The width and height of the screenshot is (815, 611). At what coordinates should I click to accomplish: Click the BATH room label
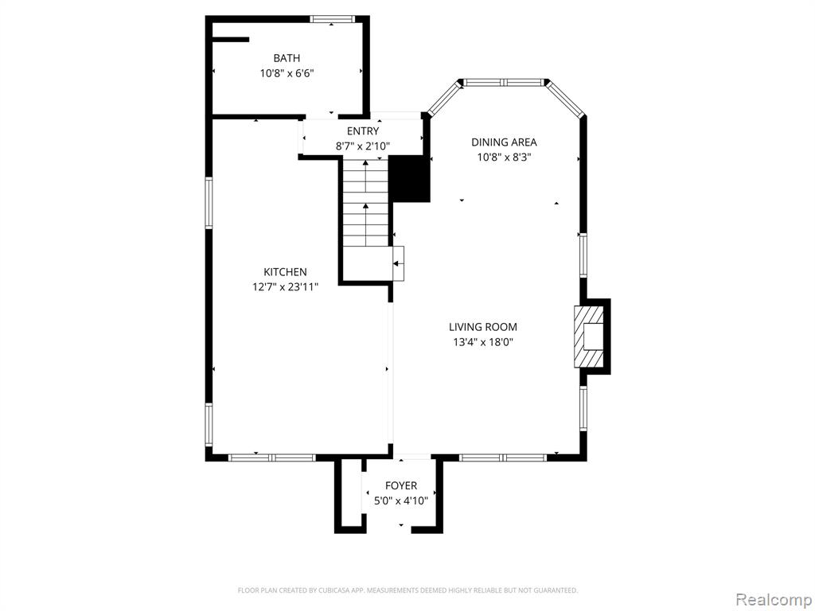[287, 57]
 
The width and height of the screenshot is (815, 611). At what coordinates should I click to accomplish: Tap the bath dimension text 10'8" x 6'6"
[287, 73]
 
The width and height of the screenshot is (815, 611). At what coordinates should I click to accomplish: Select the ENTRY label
[363, 131]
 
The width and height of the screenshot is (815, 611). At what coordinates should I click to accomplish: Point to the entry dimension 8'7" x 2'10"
[363, 146]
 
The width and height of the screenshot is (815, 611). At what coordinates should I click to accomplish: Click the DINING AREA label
[504, 142]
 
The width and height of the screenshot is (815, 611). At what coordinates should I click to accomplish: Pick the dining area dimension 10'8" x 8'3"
[504, 157]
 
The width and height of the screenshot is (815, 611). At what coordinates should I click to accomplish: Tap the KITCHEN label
[285, 272]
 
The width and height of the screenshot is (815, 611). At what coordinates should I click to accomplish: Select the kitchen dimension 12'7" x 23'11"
[285, 286]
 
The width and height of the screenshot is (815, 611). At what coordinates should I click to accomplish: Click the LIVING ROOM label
[483, 327]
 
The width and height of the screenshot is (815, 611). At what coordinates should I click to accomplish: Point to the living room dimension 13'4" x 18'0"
[483, 342]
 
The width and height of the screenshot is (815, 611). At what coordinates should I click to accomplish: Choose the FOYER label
[401, 485]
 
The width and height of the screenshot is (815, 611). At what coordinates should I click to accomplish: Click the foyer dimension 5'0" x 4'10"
[401, 501]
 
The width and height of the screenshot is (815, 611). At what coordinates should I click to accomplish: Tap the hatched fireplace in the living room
[589, 337]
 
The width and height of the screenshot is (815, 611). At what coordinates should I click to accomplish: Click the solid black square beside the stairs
[410, 179]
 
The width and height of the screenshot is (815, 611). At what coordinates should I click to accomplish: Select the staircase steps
[365, 203]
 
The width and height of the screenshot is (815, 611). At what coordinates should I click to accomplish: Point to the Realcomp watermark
[773, 599]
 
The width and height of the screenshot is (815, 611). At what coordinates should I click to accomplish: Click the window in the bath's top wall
[333, 19]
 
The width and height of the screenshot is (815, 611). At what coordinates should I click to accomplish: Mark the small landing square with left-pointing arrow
[398, 263]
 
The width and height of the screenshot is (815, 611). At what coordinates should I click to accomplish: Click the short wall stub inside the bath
[231, 39]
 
